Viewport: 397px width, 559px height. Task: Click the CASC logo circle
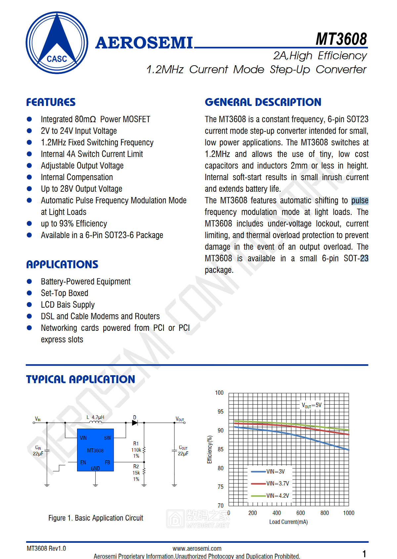[57, 43]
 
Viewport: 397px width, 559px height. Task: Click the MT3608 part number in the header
[341, 39]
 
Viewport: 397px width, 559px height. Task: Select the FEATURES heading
[51, 102]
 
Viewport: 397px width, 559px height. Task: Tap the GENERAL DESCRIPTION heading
[263, 102]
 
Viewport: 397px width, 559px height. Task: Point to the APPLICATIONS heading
[62, 264]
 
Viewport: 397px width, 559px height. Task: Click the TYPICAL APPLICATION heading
[80, 379]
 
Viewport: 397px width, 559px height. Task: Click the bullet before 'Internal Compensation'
[29, 177]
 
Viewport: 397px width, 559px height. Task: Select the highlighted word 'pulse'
[360, 201]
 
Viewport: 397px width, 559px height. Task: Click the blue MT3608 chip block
[95, 450]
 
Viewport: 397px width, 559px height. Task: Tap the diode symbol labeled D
[135, 423]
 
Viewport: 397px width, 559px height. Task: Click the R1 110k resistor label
[136, 450]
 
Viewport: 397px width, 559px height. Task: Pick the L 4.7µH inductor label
[95, 417]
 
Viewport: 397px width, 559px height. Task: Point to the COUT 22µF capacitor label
[183, 450]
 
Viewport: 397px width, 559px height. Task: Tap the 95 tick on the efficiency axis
[220, 412]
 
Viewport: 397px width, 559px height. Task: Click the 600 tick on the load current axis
[300, 513]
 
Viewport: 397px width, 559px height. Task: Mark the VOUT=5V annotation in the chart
[311, 405]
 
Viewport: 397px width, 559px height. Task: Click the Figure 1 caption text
[96, 518]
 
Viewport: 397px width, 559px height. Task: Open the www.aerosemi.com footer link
[197, 548]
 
